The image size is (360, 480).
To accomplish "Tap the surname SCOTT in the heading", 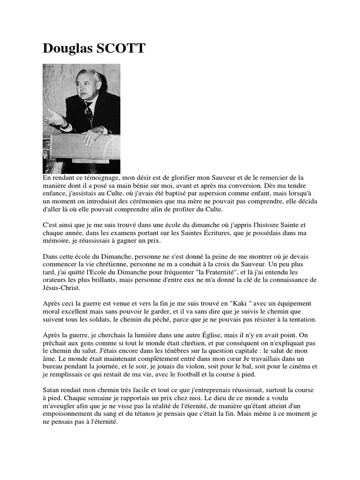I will [x=122, y=48].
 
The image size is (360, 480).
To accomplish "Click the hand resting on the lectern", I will [x=94, y=135].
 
